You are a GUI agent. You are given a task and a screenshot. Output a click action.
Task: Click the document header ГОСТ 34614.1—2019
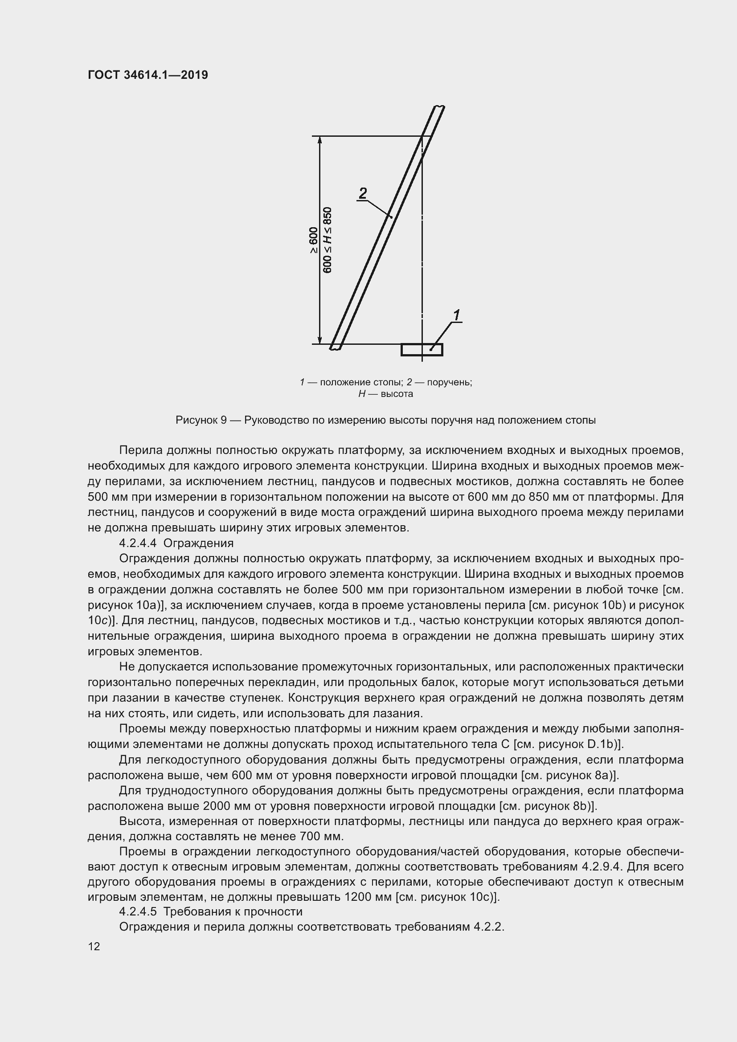(148, 75)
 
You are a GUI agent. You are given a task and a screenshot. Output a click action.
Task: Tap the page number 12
(94, 946)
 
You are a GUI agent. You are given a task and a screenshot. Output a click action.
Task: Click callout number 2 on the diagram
(363, 193)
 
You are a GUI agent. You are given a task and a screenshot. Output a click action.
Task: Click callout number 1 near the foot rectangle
(457, 315)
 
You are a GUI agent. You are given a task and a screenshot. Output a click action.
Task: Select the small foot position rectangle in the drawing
(422, 350)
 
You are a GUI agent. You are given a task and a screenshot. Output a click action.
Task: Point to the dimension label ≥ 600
(313, 240)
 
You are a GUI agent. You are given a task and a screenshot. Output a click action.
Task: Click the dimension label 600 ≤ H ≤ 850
(327, 240)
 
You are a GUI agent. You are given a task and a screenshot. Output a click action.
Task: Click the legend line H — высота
(385, 394)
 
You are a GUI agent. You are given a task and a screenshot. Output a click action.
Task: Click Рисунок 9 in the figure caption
(201, 420)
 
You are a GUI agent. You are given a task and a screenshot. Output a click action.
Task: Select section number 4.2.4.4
(138, 543)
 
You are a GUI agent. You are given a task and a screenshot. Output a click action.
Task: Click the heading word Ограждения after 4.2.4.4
(198, 543)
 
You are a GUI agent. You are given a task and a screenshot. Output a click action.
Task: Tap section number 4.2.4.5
(138, 912)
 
